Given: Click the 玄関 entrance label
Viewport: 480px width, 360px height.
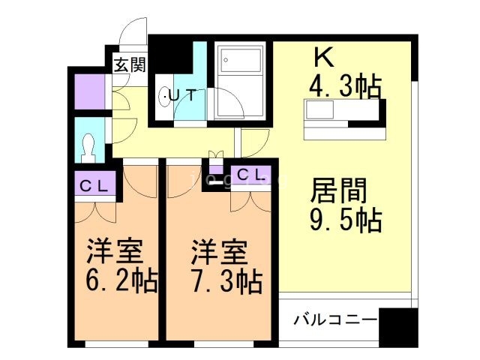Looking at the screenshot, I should pos(129,64).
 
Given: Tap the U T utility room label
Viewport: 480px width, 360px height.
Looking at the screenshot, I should pos(181,95).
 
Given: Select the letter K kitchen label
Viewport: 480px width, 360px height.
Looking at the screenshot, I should pos(322,56).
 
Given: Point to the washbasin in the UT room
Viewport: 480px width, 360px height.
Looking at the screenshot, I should pos(166,96).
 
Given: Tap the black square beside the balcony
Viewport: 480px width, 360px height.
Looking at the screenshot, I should pos(397,327).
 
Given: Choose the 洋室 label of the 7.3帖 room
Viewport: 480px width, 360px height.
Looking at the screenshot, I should pos(214,250).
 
